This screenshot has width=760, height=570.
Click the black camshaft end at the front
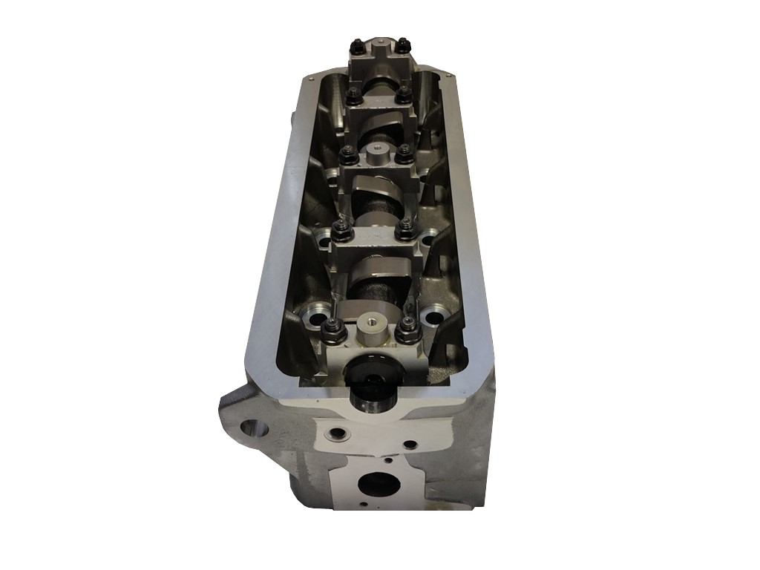(x=369, y=387)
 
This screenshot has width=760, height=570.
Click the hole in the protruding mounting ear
(x=255, y=430)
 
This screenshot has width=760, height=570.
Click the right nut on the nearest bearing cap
(x=407, y=328)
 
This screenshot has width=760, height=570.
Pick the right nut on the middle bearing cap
(x=404, y=154)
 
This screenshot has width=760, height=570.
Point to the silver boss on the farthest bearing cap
(x=380, y=47)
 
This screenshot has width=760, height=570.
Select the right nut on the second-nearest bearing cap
(x=405, y=229)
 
